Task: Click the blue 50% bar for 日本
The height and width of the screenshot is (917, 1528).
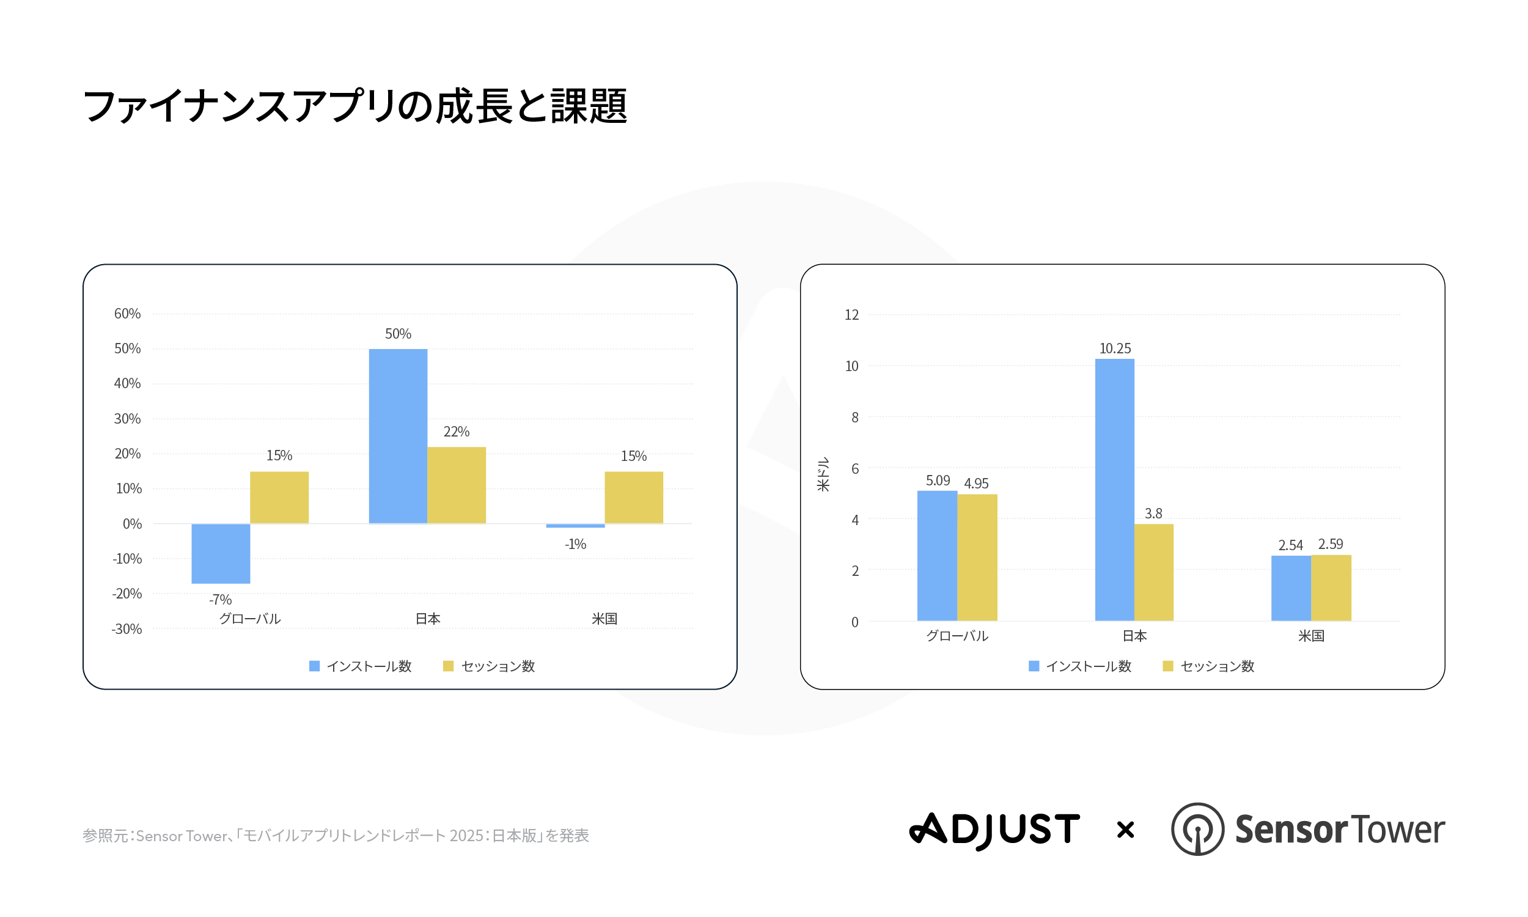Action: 398,436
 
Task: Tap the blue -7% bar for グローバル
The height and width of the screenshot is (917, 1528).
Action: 221,553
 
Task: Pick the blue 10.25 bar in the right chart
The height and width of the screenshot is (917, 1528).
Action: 1114,490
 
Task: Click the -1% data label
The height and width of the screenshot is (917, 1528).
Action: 575,543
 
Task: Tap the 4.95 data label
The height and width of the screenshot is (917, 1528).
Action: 976,483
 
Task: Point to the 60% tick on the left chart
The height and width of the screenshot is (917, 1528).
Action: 127,314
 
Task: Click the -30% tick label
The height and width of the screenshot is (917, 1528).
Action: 127,629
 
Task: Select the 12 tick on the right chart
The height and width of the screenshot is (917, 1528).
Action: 851,315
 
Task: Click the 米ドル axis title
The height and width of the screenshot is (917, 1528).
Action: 823,474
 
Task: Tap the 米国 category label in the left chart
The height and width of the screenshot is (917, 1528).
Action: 604,619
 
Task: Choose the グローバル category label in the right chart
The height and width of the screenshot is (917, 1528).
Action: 957,636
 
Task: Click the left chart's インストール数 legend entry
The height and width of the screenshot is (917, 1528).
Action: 361,666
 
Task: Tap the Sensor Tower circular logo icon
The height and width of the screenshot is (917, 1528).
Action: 1197,829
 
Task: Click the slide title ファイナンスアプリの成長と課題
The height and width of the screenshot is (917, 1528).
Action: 355,106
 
